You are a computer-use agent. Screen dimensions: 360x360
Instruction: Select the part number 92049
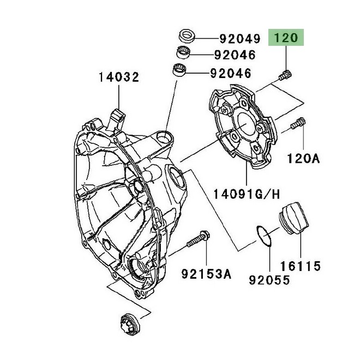(238, 39)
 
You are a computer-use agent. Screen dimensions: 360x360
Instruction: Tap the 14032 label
(119, 77)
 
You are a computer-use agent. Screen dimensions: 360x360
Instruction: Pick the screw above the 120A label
(297, 124)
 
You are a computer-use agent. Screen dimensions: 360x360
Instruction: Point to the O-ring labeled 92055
(264, 238)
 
